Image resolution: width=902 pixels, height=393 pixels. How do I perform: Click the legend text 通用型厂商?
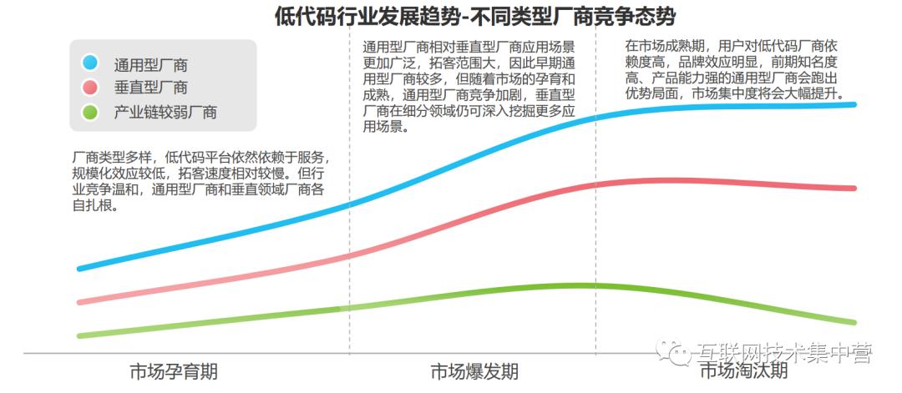coord(151,63)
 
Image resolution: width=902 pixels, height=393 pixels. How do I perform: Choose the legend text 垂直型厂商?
coord(151,88)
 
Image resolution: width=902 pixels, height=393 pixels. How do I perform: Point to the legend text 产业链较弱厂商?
coord(165,112)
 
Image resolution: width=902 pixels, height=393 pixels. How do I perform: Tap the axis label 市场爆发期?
coord(474,371)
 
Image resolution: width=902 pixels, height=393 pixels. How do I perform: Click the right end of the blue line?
coord(854,104)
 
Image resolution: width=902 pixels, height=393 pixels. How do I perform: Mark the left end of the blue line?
coord(80,269)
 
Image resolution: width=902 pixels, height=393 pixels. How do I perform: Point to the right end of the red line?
coord(854,188)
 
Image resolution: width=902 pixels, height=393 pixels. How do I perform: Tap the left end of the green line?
coord(80,335)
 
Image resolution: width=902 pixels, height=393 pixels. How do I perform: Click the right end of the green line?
coord(854,322)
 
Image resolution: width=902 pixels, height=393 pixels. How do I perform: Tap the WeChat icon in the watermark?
coord(673,354)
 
